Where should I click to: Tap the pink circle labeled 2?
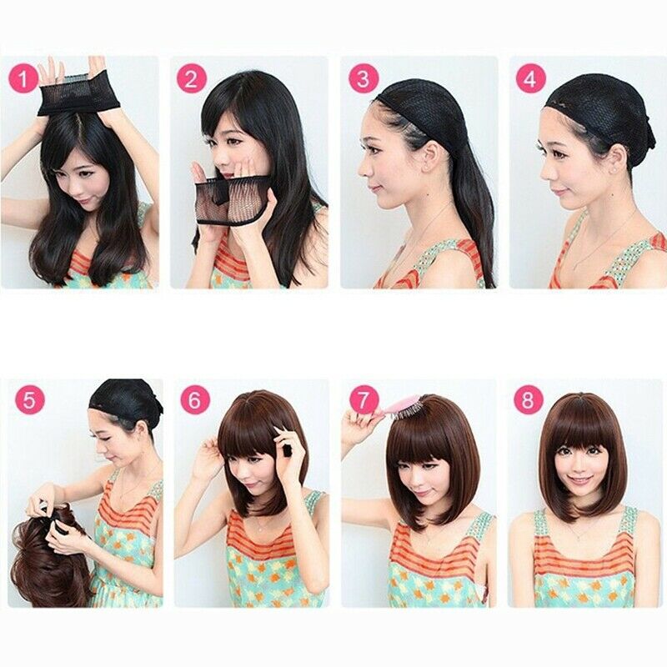[x=191, y=79]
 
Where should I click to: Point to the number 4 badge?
[x=528, y=79]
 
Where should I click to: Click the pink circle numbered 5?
[x=29, y=400]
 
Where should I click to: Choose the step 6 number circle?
[x=194, y=400]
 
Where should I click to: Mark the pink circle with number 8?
[x=528, y=400]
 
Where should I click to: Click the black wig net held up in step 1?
[x=80, y=98]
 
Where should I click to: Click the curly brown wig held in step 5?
[x=50, y=559]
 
